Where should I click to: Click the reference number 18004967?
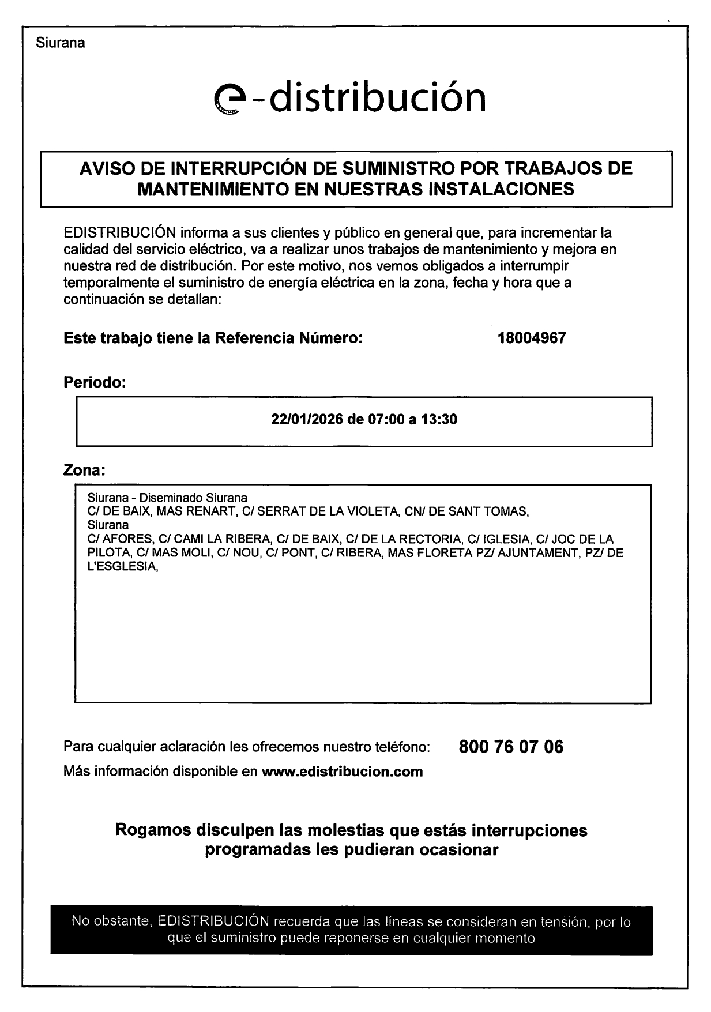[x=531, y=338]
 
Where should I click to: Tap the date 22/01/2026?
[x=307, y=419]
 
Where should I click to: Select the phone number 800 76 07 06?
[x=511, y=747]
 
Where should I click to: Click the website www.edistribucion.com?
[x=342, y=772]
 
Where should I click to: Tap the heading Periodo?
[x=94, y=382]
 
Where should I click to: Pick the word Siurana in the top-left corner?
[x=60, y=43]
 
